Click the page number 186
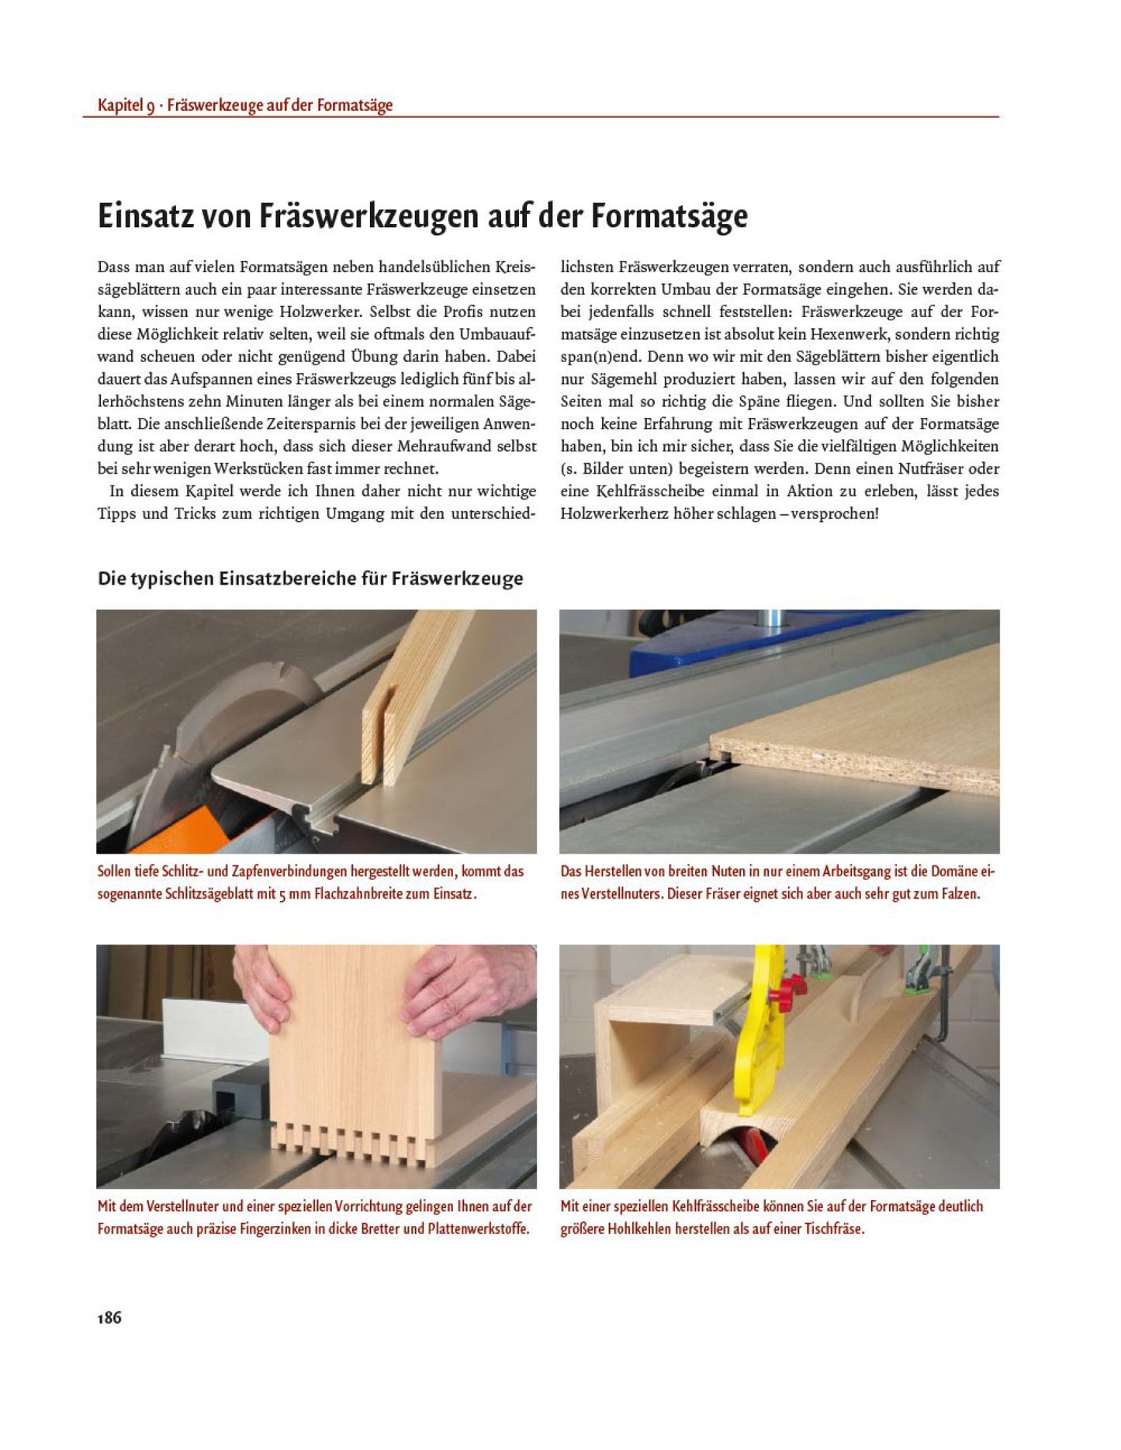(x=109, y=1317)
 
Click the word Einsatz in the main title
(x=147, y=216)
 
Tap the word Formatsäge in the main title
(x=669, y=216)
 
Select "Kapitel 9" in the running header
(x=126, y=105)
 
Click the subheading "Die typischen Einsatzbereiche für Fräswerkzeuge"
(x=310, y=578)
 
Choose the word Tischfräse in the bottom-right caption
(x=834, y=1228)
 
